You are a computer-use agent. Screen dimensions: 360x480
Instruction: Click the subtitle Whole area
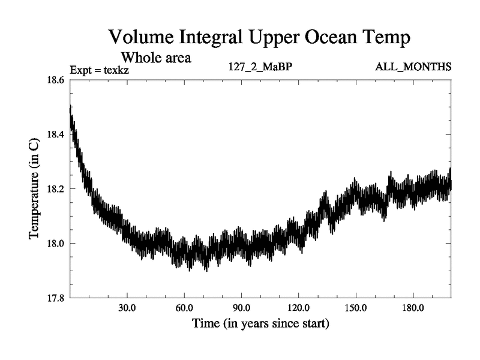tap(157, 58)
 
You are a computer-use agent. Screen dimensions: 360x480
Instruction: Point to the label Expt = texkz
tap(100, 70)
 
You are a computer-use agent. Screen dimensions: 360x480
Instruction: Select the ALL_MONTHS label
tap(413, 67)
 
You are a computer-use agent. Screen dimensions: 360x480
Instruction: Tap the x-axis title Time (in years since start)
tap(260, 324)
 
